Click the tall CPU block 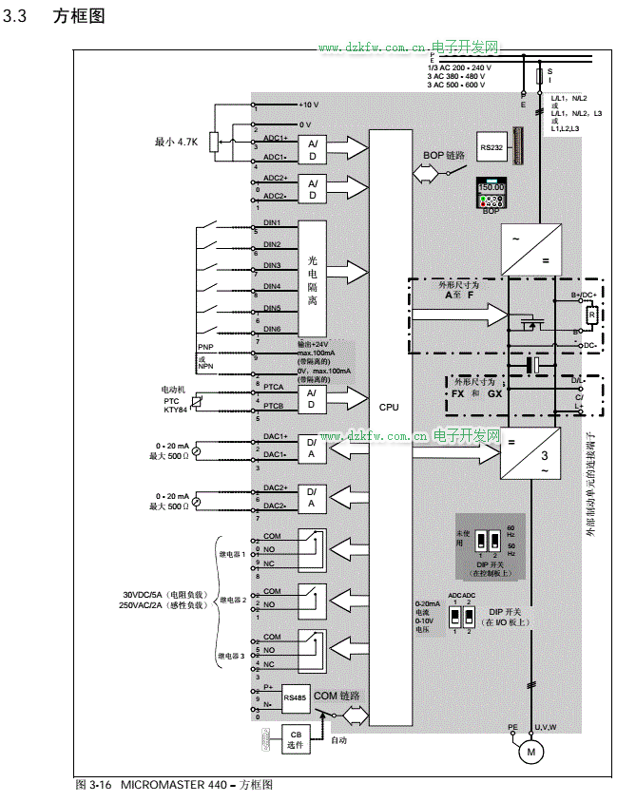(x=389, y=407)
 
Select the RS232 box (x=491, y=147)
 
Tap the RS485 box (x=295, y=697)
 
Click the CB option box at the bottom (x=295, y=739)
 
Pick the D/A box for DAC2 (x=312, y=497)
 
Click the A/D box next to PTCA (x=312, y=398)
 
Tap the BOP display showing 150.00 (x=491, y=188)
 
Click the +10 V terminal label (x=309, y=104)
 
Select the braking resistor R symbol (x=590, y=315)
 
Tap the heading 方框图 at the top (x=78, y=17)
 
